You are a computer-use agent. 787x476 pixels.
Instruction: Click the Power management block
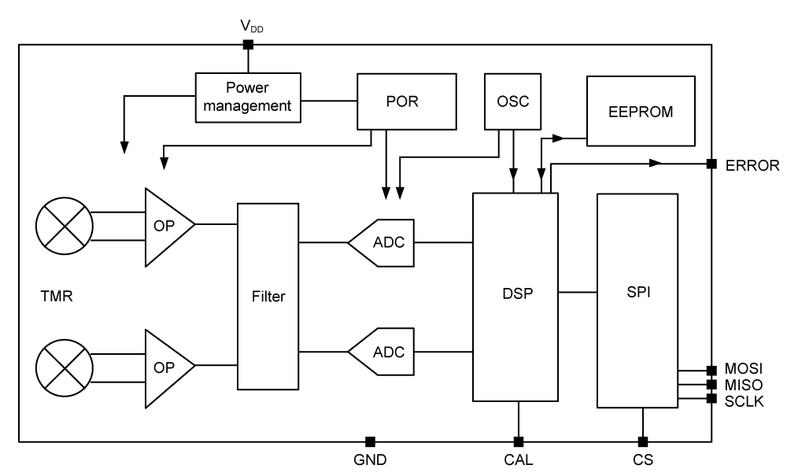tap(248, 97)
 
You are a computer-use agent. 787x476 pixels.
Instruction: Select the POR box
tap(406, 101)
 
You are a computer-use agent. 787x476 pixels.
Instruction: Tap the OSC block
tap(512, 101)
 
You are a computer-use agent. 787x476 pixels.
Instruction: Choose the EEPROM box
tap(640, 111)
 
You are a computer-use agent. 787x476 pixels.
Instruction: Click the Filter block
tap(268, 296)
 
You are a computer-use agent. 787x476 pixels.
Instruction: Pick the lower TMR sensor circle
tap(64, 367)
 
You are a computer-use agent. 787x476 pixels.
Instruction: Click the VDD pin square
tap(248, 45)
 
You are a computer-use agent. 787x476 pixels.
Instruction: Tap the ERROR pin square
tap(711, 164)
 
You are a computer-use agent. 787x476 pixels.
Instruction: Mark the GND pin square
tap(369, 441)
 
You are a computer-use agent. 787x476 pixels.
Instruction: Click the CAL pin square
tap(519, 441)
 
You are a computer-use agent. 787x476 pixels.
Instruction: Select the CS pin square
tap(643, 441)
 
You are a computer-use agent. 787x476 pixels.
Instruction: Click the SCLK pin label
tap(744, 400)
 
